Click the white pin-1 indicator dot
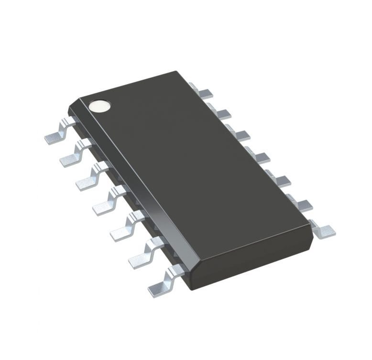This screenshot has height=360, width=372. tap(101, 105)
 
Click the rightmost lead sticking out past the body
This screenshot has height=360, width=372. tap(323, 229)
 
